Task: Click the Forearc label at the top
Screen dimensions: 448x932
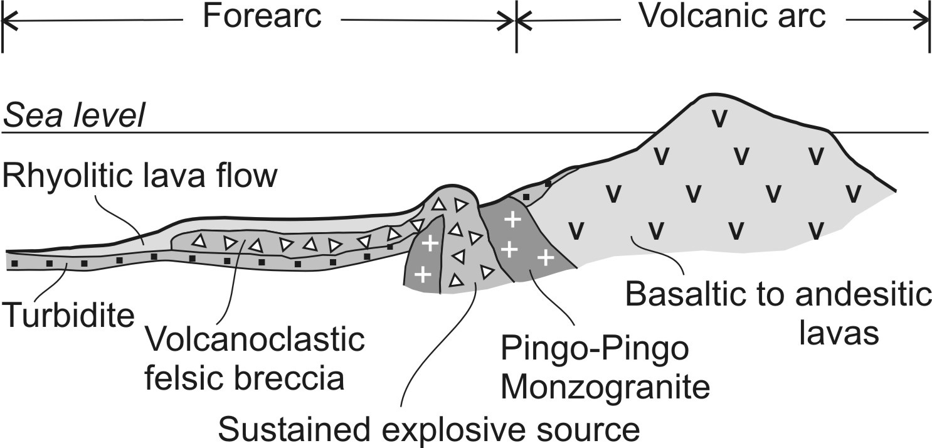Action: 262,17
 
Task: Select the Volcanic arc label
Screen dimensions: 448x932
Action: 732,17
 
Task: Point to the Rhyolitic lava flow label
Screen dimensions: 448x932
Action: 139,177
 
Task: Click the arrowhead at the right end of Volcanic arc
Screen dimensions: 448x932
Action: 923,21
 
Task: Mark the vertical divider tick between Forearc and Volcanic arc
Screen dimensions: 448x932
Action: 516,25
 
